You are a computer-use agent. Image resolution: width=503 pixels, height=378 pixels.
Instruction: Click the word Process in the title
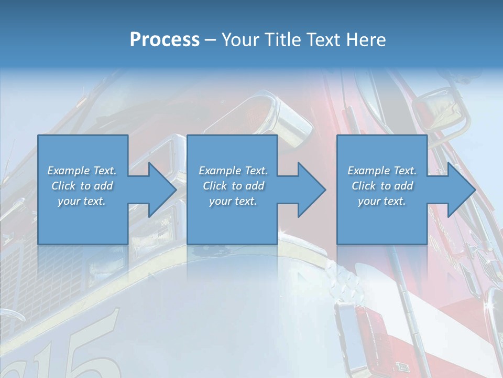tap(165, 40)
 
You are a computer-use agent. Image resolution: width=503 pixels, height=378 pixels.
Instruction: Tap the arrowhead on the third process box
tap(461, 190)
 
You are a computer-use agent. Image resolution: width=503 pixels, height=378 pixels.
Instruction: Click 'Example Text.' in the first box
tap(82, 171)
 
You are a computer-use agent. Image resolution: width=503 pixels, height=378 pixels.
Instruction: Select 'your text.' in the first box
tap(82, 201)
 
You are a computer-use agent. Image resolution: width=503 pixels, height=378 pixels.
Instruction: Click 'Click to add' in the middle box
tap(233, 186)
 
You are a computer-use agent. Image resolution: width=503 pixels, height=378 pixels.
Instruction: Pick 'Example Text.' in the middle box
tap(233, 171)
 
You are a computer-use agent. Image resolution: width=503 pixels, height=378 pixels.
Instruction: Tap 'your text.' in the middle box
tap(233, 201)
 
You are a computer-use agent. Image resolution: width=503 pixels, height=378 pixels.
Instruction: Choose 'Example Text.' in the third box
tap(382, 171)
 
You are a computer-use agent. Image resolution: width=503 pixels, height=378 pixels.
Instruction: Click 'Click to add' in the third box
tap(382, 186)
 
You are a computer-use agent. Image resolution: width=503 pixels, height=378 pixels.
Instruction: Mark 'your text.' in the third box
tap(382, 201)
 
